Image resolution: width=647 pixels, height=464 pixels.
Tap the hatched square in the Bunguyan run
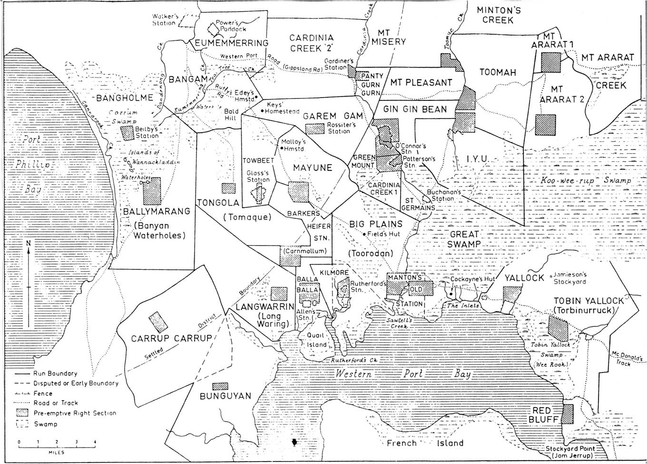pos(220,386)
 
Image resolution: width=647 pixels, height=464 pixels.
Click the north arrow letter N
pos(29,243)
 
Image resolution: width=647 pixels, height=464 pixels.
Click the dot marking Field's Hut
pos(363,234)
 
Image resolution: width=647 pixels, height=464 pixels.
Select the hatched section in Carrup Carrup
pos(158,322)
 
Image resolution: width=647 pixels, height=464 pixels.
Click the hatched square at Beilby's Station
pos(127,132)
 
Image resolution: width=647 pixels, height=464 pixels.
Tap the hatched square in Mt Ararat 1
pos(551,62)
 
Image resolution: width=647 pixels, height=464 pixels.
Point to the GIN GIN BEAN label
pos(416,109)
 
